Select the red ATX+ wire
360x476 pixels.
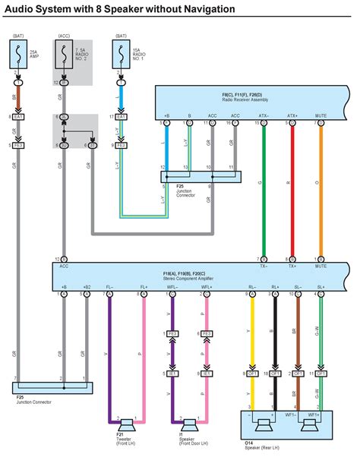tap(292, 190)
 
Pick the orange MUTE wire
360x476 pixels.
tap(321, 190)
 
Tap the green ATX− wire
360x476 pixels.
tap(263, 190)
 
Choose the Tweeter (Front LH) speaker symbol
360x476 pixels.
tap(125, 423)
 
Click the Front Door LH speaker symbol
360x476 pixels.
tap(188, 423)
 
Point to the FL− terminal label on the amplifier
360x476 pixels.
tap(110, 287)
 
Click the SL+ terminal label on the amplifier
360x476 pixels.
tap(321, 287)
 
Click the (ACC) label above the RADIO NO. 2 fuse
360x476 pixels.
tap(64, 35)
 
